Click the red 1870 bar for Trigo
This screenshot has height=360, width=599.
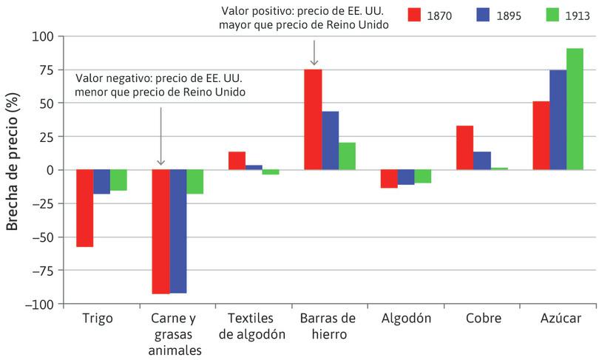pyautogui.click(x=85, y=208)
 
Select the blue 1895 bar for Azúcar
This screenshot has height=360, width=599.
pyautogui.click(x=558, y=120)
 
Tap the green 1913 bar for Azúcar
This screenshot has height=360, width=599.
pyautogui.click(x=575, y=109)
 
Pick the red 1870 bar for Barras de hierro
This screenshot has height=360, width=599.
pyautogui.click(x=313, y=119)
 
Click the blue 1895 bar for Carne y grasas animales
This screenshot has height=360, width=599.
pyautogui.click(x=178, y=231)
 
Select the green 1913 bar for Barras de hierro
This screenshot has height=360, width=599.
pyautogui.click(x=347, y=156)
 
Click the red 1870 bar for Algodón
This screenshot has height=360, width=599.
pyautogui.click(x=389, y=178)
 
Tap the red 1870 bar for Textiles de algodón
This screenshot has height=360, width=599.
pyautogui.click(x=237, y=161)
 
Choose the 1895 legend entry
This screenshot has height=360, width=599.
pyautogui.click(x=502, y=15)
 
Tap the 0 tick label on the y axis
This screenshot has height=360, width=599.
pyautogui.click(x=50, y=170)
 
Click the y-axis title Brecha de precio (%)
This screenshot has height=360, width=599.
pyautogui.click(x=13, y=169)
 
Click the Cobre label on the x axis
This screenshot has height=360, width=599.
pyautogui.click(x=484, y=319)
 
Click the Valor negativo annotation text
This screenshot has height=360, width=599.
pyautogui.click(x=160, y=85)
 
